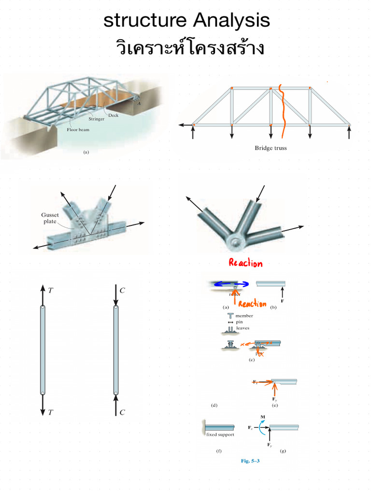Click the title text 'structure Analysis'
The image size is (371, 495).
click(x=186, y=21)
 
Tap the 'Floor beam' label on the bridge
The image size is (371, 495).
click(x=78, y=130)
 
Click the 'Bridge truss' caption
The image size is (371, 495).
click(x=271, y=148)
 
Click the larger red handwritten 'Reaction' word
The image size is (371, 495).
click(x=246, y=263)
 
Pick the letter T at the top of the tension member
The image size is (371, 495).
click(x=51, y=290)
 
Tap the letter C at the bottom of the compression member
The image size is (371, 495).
click(x=123, y=412)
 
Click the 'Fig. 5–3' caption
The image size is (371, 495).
click(x=250, y=461)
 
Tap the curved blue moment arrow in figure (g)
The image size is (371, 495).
click(x=261, y=426)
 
